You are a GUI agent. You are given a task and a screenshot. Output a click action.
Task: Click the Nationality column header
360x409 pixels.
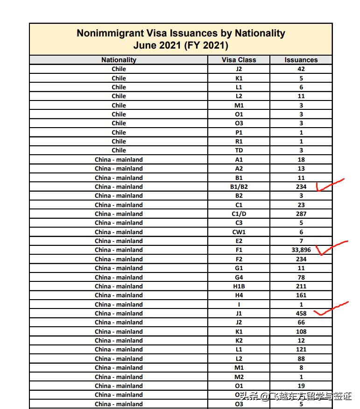119,60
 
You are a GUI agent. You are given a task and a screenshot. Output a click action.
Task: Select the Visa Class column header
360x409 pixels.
239,60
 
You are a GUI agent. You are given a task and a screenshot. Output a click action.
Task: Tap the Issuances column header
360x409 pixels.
301,60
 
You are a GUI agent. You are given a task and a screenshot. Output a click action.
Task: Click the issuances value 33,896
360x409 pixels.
301,250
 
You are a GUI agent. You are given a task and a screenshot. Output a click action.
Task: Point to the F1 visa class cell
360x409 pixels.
239,250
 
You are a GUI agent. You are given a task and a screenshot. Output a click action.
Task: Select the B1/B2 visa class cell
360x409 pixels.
239,187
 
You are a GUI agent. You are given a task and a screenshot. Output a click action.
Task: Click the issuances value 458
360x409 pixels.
301,313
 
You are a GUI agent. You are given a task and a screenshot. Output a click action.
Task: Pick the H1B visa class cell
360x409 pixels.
239,286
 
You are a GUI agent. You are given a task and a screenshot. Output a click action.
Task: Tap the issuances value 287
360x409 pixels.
301,214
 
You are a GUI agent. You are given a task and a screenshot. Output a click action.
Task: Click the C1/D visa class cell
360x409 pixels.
239,214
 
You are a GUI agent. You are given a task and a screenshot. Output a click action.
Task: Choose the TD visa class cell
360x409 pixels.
239,151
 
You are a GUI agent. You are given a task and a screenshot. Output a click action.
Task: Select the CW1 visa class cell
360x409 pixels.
239,232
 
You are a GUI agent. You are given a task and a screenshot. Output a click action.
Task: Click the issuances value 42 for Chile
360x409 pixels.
301,69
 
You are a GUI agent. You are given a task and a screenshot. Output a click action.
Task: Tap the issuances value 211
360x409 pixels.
301,286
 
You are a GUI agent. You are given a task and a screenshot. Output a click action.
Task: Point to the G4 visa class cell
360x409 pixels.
239,277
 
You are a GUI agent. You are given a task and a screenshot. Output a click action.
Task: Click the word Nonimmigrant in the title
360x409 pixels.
107,34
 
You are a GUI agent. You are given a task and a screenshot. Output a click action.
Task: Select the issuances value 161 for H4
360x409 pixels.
301,295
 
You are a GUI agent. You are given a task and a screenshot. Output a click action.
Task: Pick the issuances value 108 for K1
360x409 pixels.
301,331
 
